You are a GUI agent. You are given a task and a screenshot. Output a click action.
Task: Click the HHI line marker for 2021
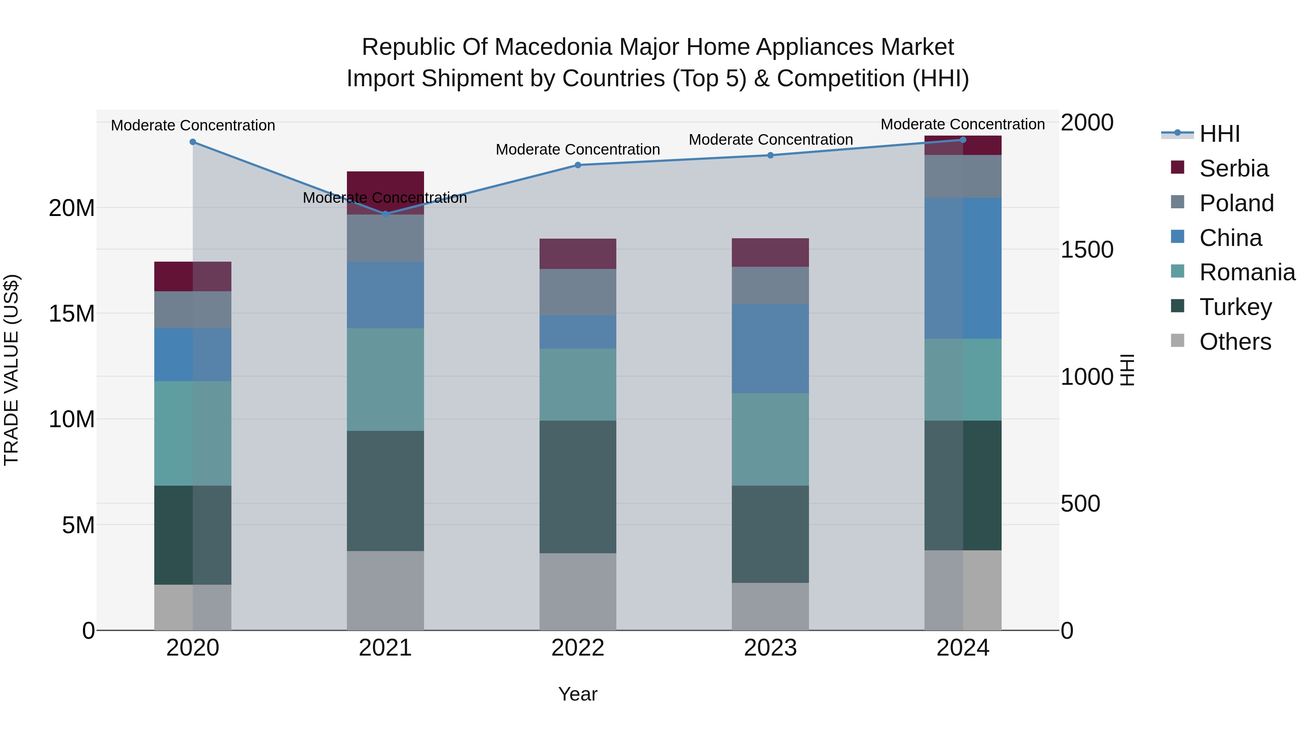tap(386, 214)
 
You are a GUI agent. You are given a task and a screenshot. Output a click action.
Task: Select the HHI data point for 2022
tap(578, 165)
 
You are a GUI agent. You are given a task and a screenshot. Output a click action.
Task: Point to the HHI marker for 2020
tap(193, 142)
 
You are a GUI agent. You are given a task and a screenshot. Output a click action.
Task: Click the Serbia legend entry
tap(1233, 168)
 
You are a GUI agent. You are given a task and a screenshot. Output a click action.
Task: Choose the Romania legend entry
tap(1247, 272)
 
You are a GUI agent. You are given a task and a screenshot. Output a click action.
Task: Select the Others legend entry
tap(1235, 342)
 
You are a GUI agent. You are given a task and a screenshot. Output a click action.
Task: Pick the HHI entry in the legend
tap(1219, 134)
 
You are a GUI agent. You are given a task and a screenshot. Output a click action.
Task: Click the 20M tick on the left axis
tap(72, 208)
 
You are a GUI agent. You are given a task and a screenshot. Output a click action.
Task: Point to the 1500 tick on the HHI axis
tap(1087, 250)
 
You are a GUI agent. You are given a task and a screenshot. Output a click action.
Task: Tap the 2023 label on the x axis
tap(770, 648)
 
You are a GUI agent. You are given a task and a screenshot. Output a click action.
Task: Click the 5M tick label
tap(78, 525)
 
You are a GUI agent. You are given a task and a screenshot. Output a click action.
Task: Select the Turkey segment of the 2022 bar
tap(578, 487)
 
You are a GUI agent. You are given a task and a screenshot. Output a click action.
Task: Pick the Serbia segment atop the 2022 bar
tap(578, 254)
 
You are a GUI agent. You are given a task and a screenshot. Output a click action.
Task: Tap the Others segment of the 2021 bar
tap(386, 591)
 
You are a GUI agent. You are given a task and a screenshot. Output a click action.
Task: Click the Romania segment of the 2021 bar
tap(386, 379)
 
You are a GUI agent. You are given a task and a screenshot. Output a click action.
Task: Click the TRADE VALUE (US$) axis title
tap(11, 370)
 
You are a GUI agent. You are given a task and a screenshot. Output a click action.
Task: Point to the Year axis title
tap(578, 694)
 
